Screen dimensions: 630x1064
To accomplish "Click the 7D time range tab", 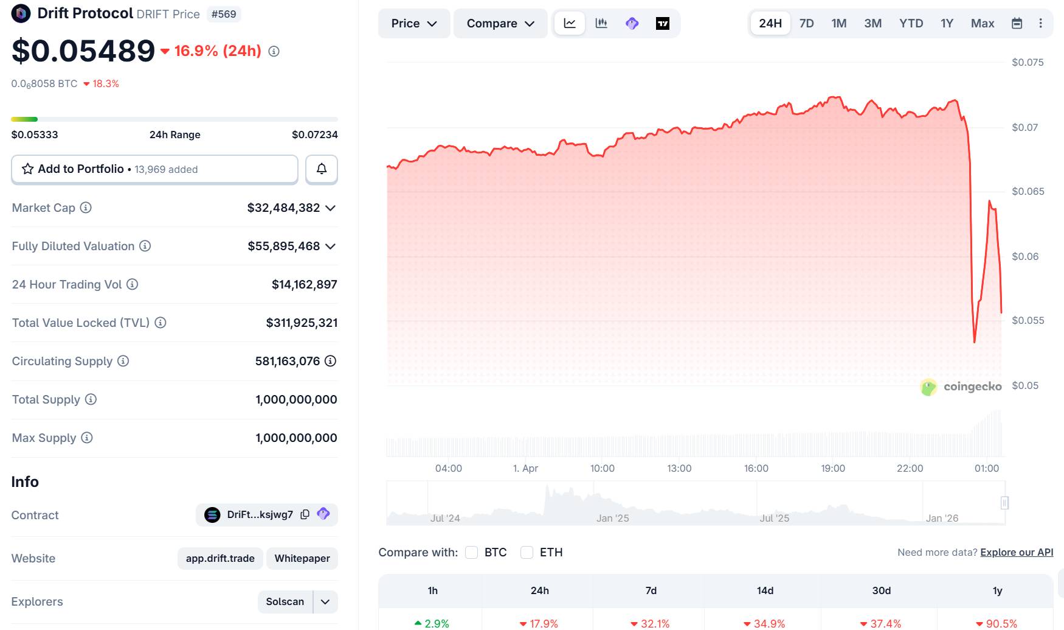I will (806, 24).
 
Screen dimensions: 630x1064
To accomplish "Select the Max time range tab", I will (982, 24).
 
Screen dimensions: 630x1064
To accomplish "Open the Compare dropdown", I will (500, 24).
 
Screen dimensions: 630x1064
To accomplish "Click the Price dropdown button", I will (414, 24).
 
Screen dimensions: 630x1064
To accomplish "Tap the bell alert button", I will (322, 169).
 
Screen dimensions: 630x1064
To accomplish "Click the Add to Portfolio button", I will (154, 169).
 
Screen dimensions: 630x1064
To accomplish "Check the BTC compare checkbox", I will (471, 552).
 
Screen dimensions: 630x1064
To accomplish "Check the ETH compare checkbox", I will (527, 552).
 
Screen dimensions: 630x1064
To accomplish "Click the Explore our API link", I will (1017, 552).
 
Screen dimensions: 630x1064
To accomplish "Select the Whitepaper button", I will (302, 558).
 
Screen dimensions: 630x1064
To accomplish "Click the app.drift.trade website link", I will (220, 558).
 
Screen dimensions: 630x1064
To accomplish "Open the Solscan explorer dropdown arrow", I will (325, 602).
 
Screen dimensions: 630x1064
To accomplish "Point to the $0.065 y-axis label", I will (1028, 191).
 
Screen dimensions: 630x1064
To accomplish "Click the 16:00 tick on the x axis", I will (756, 468).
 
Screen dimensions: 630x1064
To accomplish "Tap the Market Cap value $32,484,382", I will (283, 208).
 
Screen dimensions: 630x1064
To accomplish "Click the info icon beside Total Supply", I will (91, 399).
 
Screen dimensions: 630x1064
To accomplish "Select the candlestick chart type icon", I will (601, 24).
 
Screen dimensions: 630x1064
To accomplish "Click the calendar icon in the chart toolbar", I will (1017, 24).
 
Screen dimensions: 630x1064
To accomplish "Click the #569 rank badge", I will (224, 14).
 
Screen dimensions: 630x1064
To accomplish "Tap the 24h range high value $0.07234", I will (314, 135).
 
